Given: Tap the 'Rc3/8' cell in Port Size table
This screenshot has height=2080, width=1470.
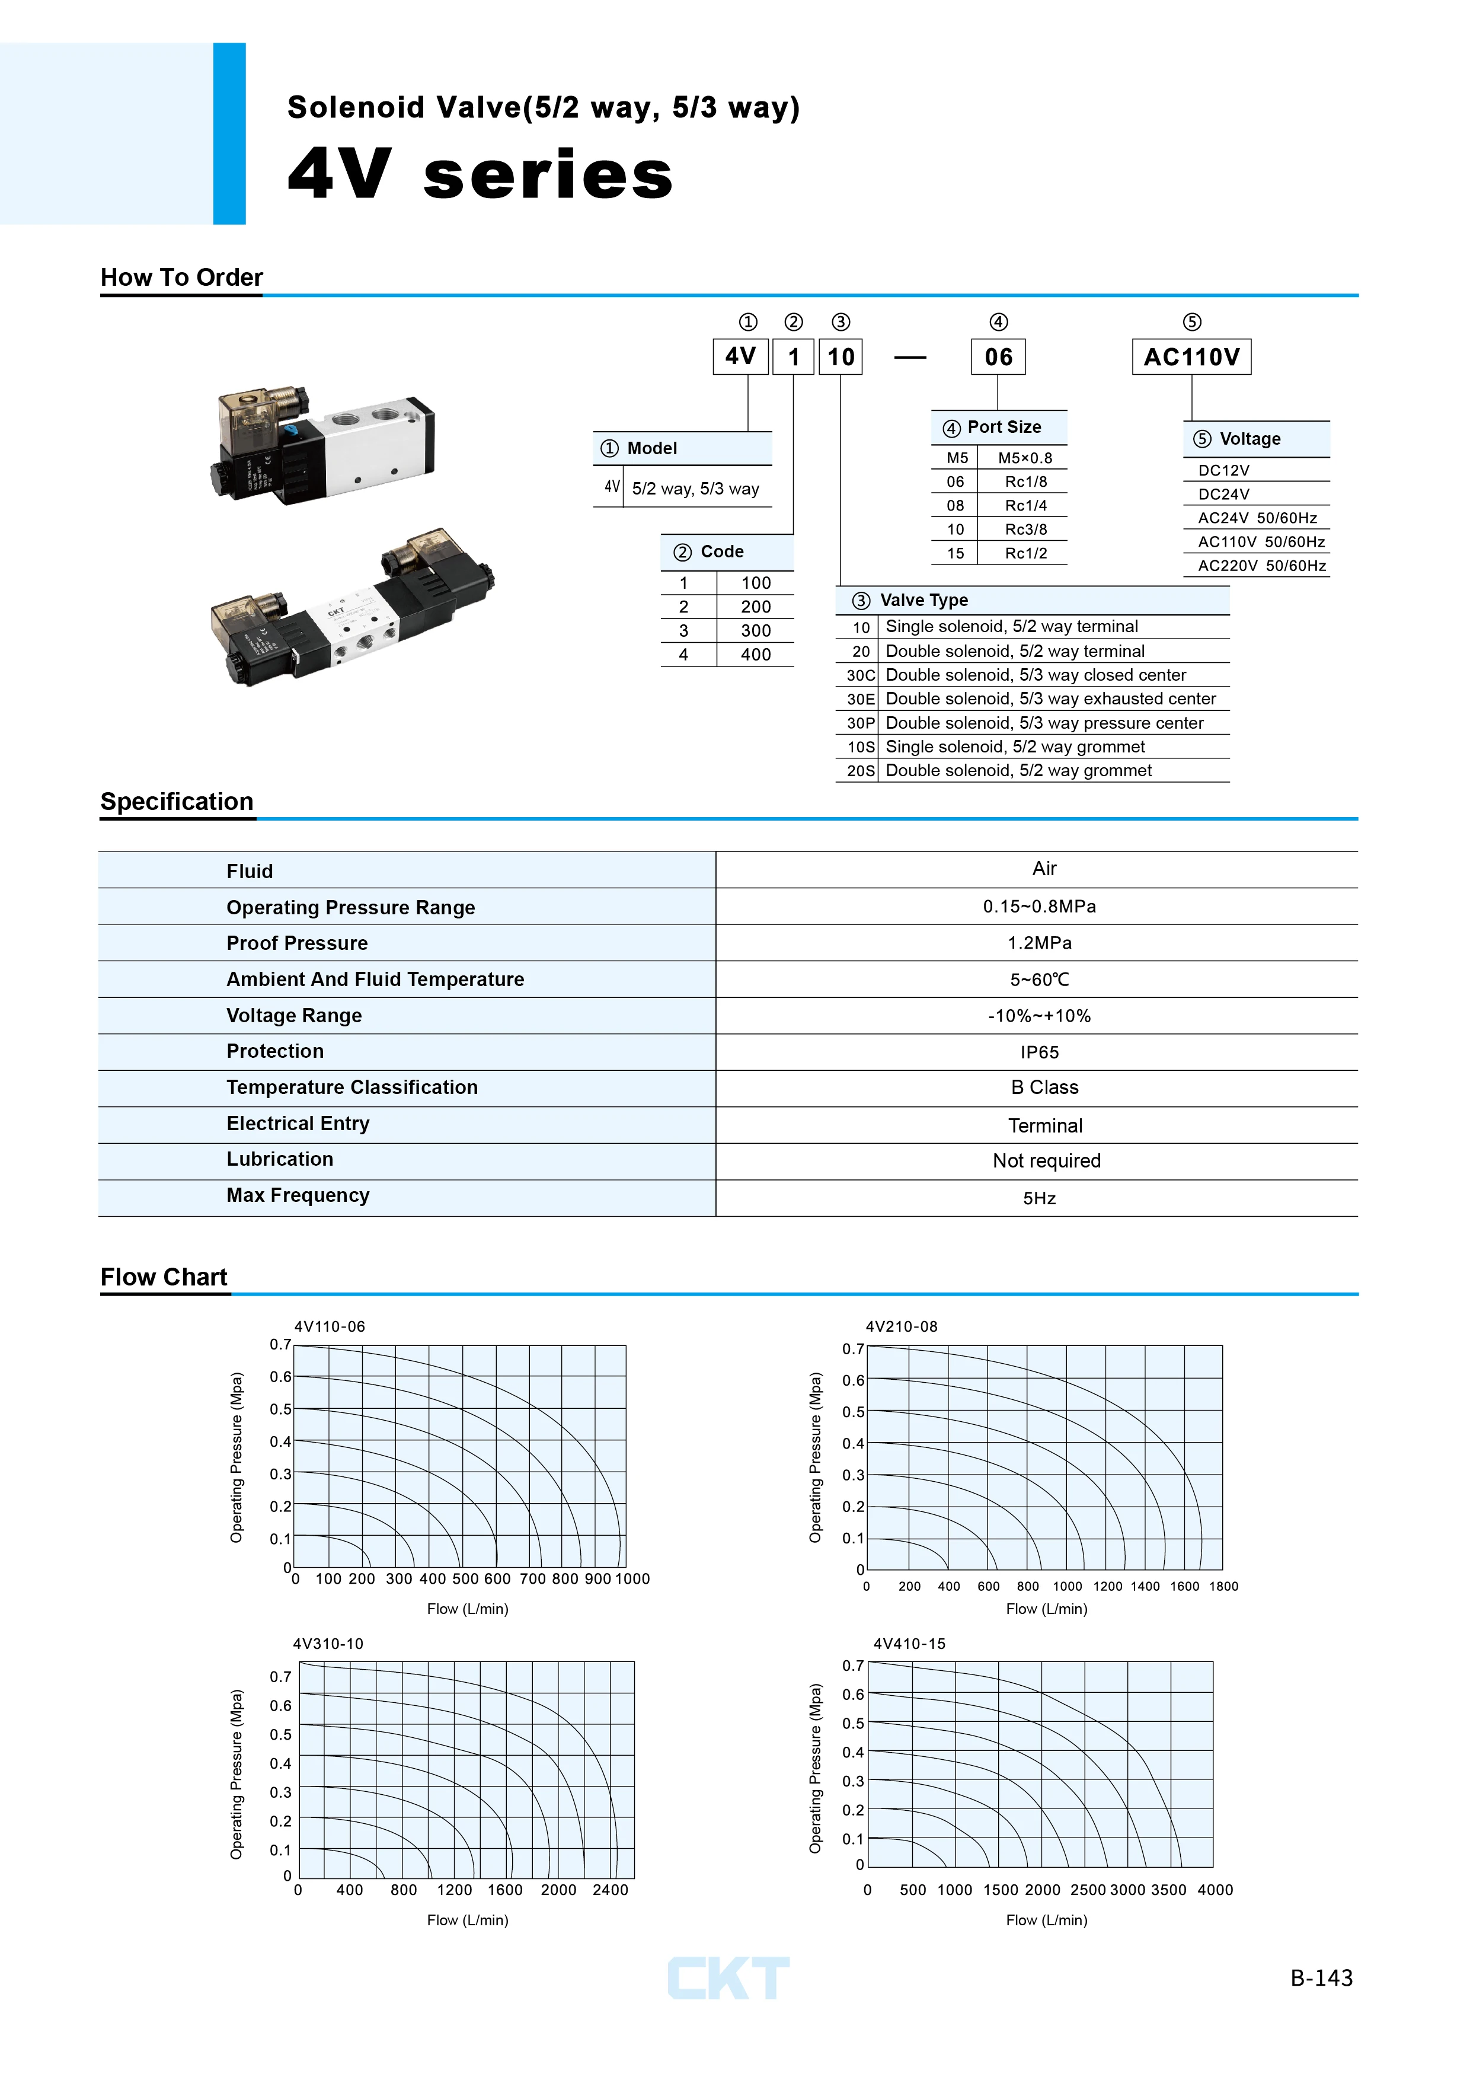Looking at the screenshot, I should (1025, 529).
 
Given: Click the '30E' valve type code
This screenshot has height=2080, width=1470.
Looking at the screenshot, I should (861, 698).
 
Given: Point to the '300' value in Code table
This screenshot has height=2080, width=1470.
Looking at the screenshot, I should (755, 630).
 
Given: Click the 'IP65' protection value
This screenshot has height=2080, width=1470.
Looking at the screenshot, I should (1039, 1052).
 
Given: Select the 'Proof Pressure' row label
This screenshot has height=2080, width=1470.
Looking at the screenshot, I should (297, 943).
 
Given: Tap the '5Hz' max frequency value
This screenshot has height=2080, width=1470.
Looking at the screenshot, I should (1039, 1198).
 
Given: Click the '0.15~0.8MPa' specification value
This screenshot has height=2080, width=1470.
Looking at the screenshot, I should (1039, 906).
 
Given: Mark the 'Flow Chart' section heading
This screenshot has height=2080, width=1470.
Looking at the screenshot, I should (164, 1277).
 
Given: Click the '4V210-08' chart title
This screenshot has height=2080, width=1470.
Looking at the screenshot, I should (901, 1326).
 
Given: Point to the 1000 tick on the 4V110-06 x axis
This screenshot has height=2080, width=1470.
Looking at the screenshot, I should (632, 1578).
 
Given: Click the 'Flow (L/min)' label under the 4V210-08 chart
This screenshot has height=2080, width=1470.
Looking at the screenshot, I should (1046, 1609).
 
